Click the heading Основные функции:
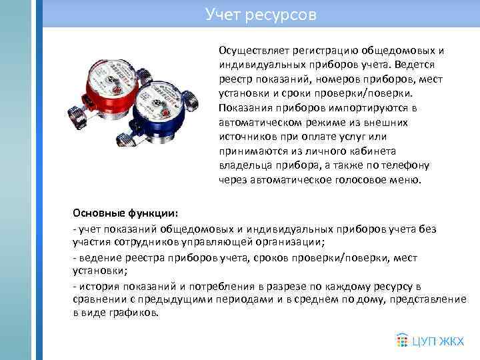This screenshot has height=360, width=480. pos(125,214)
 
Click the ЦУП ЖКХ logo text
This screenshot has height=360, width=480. pos(437,341)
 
